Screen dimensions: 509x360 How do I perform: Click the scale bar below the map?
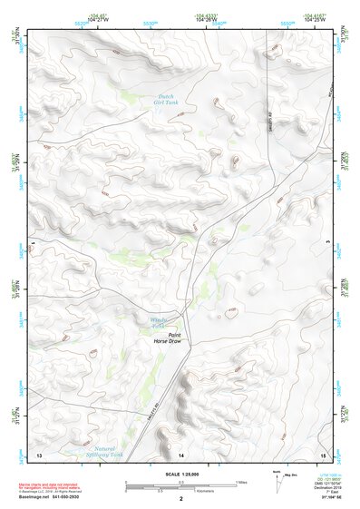pos(180,482)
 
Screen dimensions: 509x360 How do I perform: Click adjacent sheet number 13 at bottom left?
pos(38,454)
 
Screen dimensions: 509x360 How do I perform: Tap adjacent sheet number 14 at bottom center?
pos(180,454)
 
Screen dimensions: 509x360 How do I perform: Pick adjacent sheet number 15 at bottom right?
pos(322,454)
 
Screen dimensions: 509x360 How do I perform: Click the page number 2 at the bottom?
pos(180,498)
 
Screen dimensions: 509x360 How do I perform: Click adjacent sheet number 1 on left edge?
pos(33,244)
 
